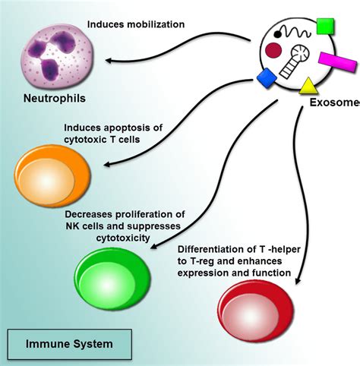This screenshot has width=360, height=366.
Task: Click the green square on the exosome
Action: pyautogui.click(x=325, y=26)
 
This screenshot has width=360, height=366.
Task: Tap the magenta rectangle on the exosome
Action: pyautogui.click(x=338, y=62)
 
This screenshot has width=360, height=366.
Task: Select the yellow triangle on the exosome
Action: pyautogui.click(x=308, y=86)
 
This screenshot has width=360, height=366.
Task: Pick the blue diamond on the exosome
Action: pyautogui.click(x=267, y=78)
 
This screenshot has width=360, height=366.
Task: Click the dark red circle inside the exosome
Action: pyautogui.click(x=273, y=49)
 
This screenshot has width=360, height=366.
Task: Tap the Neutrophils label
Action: pyautogui.click(x=55, y=98)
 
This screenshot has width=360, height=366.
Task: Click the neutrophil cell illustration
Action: pyautogui.click(x=57, y=56)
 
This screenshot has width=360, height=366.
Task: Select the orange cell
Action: pyautogui.click(x=52, y=176)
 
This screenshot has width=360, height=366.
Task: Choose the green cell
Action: pyautogui.click(x=112, y=279)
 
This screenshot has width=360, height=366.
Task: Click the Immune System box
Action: pyautogui.click(x=70, y=344)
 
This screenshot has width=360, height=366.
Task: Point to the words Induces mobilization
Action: pyautogui.click(x=136, y=24)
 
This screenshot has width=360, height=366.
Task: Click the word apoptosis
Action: pyautogui.click(x=128, y=128)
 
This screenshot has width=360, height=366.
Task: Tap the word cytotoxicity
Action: pyautogui.click(x=123, y=238)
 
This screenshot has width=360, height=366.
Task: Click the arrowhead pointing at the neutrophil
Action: pyautogui.click(x=109, y=61)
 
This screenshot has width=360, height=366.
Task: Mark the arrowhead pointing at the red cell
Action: pyautogui.click(x=298, y=281)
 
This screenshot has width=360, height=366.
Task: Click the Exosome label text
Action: pyautogui.click(x=335, y=103)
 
